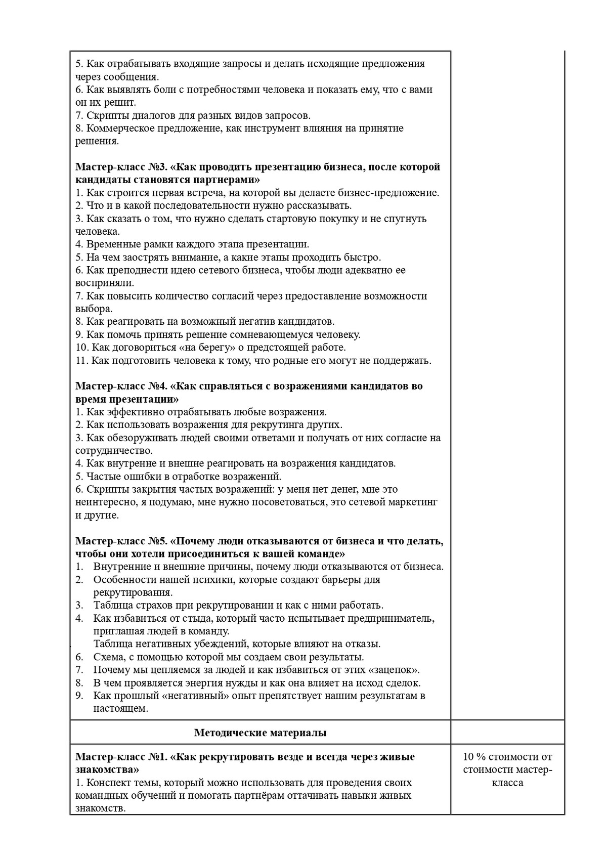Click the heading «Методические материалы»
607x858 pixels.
pos(260,733)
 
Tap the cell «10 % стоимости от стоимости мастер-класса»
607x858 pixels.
pos(507,769)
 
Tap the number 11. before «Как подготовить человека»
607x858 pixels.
pos(82,361)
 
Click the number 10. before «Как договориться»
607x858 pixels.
pos(82,348)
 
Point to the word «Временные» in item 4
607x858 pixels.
pos(110,244)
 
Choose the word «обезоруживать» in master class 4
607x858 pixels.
pos(140,438)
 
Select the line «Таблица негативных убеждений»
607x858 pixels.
pos(236,644)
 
